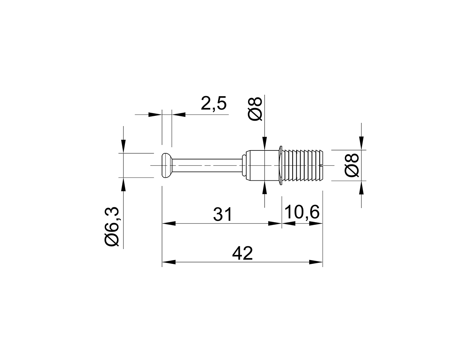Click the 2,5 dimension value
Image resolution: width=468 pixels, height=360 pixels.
[x=213, y=104]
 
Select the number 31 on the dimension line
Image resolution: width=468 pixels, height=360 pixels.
[x=222, y=214]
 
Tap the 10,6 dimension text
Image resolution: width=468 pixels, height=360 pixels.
[x=302, y=212]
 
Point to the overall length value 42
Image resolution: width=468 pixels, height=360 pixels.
[x=242, y=253]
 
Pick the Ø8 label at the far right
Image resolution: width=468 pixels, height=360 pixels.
[x=351, y=165]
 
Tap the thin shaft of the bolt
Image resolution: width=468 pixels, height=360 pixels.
[x=207, y=165]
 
